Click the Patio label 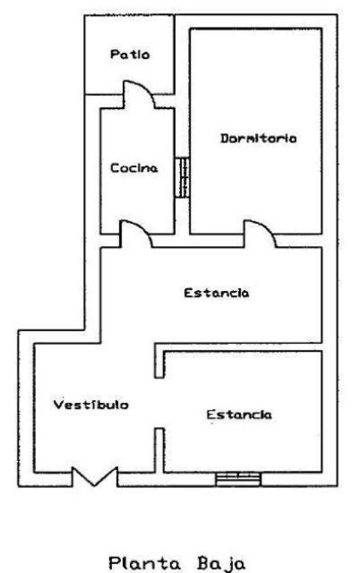click(x=130, y=54)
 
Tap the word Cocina click(x=134, y=168)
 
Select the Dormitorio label click(x=259, y=138)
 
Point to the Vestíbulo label click(x=91, y=404)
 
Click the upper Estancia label click(x=216, y=293)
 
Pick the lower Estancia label click(x=239, y=415)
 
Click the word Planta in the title click(x=144, y=563)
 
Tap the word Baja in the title click(x=221, y=564)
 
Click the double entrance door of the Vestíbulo click(x=95, y=477)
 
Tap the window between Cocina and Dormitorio click(x=182, y=177)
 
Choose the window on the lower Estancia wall click(x=238, y=480)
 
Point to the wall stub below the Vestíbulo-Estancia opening click(x=160, y=450)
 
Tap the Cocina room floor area click(x=137, y=198)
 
